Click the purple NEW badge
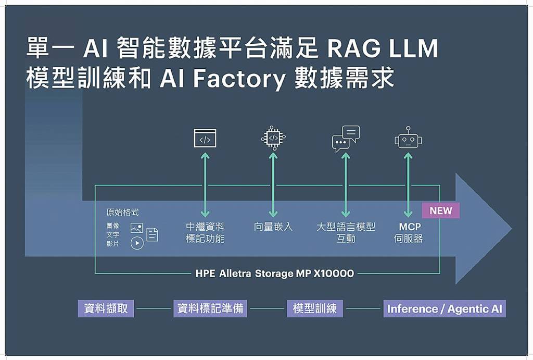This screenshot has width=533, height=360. point(440,210)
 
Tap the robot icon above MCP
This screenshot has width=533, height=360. point(408,138)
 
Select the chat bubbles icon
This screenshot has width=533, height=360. point(346,139)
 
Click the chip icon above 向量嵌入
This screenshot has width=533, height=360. point(273,138)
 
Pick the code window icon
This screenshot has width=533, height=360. point(205,138)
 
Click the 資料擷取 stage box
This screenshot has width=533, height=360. point(106,308)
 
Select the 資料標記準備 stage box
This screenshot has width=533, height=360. point(210,308)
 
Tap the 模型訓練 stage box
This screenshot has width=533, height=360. point(315,308)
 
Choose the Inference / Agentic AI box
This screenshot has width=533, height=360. point(445,308)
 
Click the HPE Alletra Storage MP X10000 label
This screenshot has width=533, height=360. point(275,273)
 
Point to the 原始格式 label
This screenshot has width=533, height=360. point(122,213)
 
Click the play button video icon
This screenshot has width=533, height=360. point(137,243)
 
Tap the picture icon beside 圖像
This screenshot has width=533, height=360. point(137,228)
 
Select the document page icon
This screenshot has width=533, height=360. point(153,234)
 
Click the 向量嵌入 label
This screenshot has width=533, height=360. point(273,227)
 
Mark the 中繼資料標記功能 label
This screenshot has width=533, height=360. point(205,232)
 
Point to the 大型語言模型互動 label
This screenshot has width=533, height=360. point(346,232)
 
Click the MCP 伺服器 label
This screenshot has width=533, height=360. point(409,232)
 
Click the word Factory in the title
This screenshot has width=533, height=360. point(239,79)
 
